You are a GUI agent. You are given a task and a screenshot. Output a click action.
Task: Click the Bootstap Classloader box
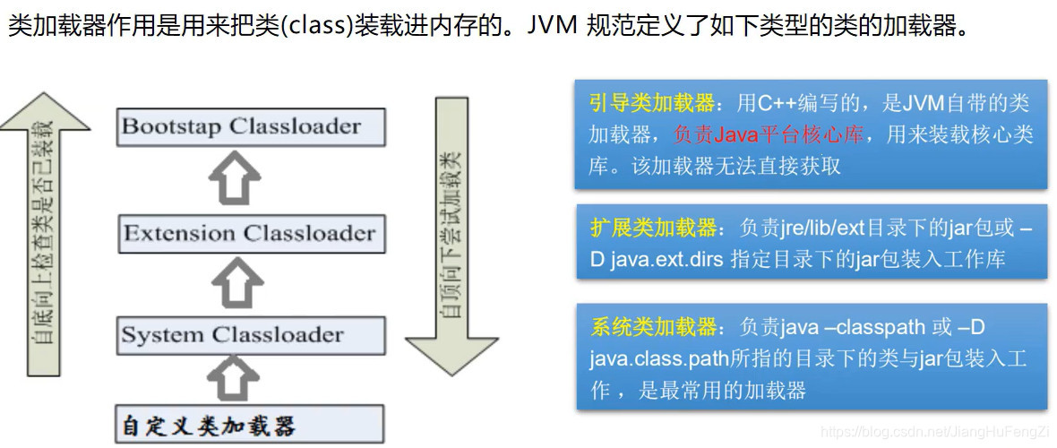pyautogui.click(x=251, y=126)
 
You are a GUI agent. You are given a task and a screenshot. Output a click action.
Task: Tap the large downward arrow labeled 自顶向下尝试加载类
pyautogui.click(x=451, y=233)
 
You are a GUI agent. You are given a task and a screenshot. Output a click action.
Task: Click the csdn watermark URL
pyautogui.click(x=936, y=434)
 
